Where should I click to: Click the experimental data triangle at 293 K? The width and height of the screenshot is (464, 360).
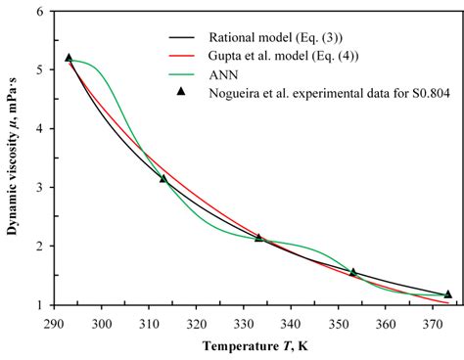pyautogui.click(x=69, y=58)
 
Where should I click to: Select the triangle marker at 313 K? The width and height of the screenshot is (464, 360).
pyautogui.click(x=163, y=178)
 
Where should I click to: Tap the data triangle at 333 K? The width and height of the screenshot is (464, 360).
pyautogui.click(x=258, y=237)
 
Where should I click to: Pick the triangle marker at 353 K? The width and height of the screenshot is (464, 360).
pyautogui.click(x=353, y=272)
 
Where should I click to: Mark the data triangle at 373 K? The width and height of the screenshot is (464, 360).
pyautogui.click(x=448, y=293)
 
